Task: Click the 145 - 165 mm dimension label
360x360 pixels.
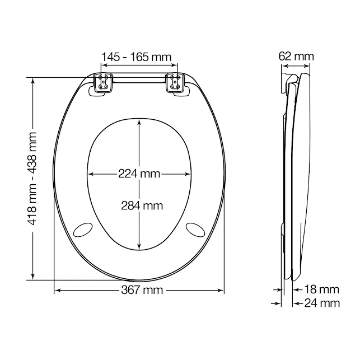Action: (137, 57)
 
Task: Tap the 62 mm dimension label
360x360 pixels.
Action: (297, 56)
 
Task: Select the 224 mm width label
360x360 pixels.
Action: (138, 174)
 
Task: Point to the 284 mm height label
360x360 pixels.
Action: (142, 205)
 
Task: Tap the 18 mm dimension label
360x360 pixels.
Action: (322, 289)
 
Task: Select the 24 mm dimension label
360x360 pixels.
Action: (322, 303)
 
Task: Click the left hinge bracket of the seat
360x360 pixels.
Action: (104, 83)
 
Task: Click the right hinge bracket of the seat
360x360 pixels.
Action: (175, 83)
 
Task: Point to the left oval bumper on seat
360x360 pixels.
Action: (85, 228)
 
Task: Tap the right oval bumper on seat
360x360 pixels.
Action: (195, 228)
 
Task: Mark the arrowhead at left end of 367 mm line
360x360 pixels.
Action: (57, 290)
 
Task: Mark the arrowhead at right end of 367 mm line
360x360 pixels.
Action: (222, 290)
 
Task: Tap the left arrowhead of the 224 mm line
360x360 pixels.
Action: (91, 174)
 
